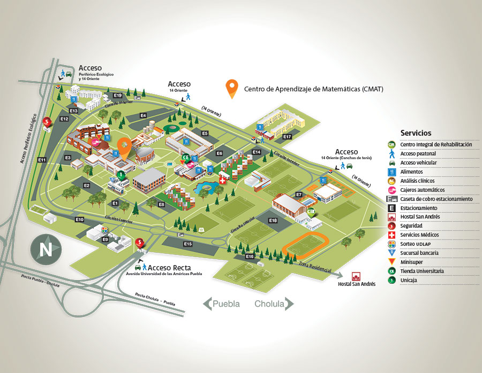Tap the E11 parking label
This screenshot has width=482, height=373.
42,160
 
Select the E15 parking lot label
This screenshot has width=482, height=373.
187,244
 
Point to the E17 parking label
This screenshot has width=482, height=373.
287,137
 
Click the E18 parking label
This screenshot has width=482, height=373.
273,220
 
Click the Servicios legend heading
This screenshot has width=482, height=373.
416,133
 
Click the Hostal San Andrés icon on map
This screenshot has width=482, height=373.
356,276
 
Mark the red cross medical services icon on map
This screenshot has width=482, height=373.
223,180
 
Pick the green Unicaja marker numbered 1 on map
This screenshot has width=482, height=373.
122,174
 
